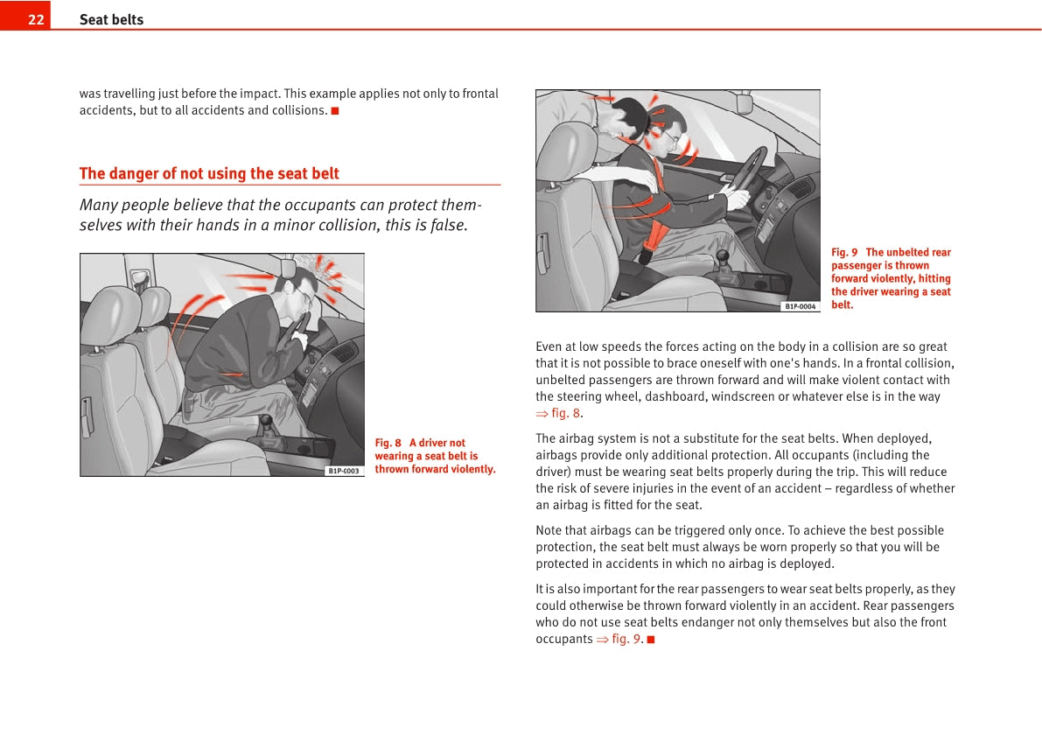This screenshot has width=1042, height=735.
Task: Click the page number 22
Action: (x=36, y=19)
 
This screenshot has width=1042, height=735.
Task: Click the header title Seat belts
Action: (x=111, y=19)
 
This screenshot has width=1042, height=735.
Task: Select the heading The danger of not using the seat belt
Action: (x=209, y=173)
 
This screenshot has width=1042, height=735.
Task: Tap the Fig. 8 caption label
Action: (x=388, y=443)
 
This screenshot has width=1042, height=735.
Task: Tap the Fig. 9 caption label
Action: (x=844, y=252)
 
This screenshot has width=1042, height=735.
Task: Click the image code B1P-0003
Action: (x=344, y=471)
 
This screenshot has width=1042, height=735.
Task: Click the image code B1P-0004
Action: (x=800, y=306)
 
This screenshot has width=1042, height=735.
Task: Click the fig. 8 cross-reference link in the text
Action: (x=565, y=413)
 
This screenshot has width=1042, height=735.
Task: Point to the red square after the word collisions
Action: (x=335, y=110)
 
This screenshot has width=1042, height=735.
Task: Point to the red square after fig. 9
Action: (x=651, y=639)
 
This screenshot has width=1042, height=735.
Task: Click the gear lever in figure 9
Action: (x=723, y=259)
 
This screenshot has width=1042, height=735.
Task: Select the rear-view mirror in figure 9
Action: (x=745, y=103)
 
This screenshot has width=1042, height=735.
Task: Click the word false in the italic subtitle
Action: (x=448, y=225)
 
